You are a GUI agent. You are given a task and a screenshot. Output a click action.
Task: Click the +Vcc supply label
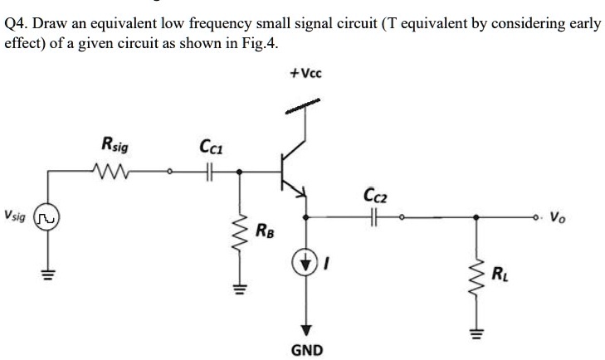pyautogui.click(x=306, y=72)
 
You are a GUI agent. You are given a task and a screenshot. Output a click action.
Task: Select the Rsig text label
pyautogui.click(x=115, y=144)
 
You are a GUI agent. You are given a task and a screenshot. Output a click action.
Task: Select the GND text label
pyautogui.click(x=307, y=350)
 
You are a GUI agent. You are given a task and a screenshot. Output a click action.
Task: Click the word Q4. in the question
pyautogui.click(x=16, y=24)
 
